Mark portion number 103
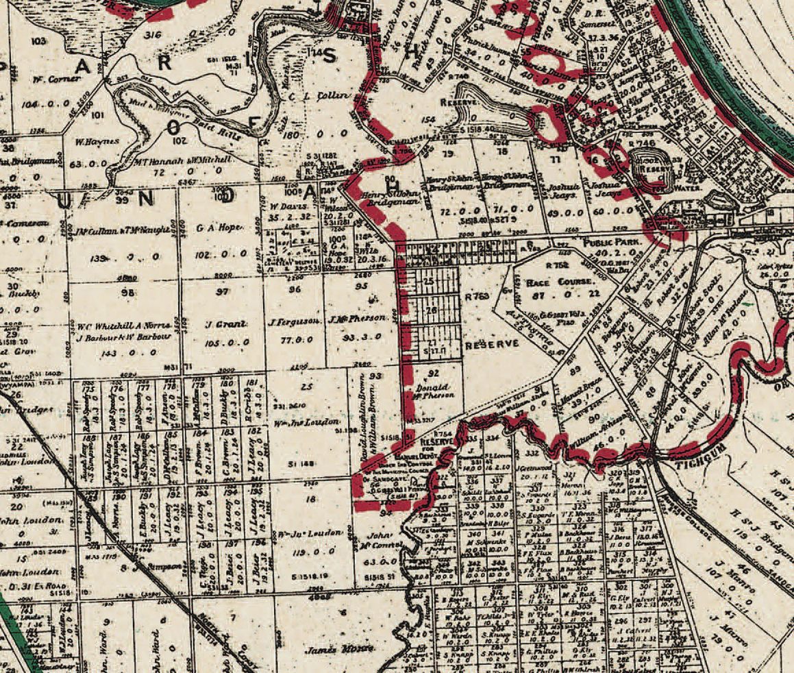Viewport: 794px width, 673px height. [38, 42]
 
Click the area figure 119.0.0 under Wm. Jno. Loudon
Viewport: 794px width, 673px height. [312, 550]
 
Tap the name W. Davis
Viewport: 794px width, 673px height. [286, 206]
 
